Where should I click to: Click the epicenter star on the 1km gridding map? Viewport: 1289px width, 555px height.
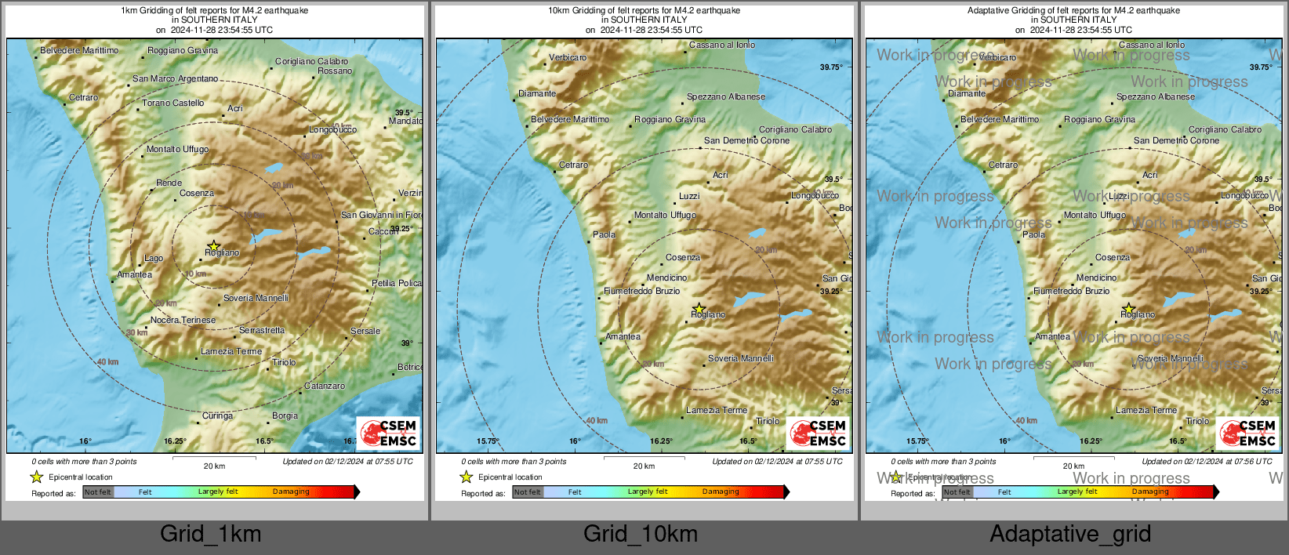213,246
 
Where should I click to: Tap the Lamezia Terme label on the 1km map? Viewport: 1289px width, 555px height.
231,352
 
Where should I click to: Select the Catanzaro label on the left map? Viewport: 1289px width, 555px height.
325,386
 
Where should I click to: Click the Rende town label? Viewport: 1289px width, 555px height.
169,183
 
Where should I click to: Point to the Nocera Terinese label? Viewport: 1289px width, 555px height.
183,320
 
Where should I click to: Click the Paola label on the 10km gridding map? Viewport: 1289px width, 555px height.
604,234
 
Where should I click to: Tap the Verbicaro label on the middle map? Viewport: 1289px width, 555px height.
568,57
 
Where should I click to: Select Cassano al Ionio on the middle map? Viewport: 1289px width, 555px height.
722,45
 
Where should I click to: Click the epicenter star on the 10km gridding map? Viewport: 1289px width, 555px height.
699,308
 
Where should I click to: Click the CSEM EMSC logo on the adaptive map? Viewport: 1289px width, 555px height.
1247,433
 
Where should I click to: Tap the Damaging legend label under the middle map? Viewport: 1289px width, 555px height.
721,492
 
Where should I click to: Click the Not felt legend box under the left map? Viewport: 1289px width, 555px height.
98,492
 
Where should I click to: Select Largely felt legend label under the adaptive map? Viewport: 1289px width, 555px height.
1077,492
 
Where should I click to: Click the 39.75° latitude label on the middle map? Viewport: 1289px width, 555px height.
831,67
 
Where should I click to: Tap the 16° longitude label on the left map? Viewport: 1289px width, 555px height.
85,441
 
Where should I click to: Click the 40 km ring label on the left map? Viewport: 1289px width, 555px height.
107,362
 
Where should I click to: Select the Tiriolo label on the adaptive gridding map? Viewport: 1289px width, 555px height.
1196,421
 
